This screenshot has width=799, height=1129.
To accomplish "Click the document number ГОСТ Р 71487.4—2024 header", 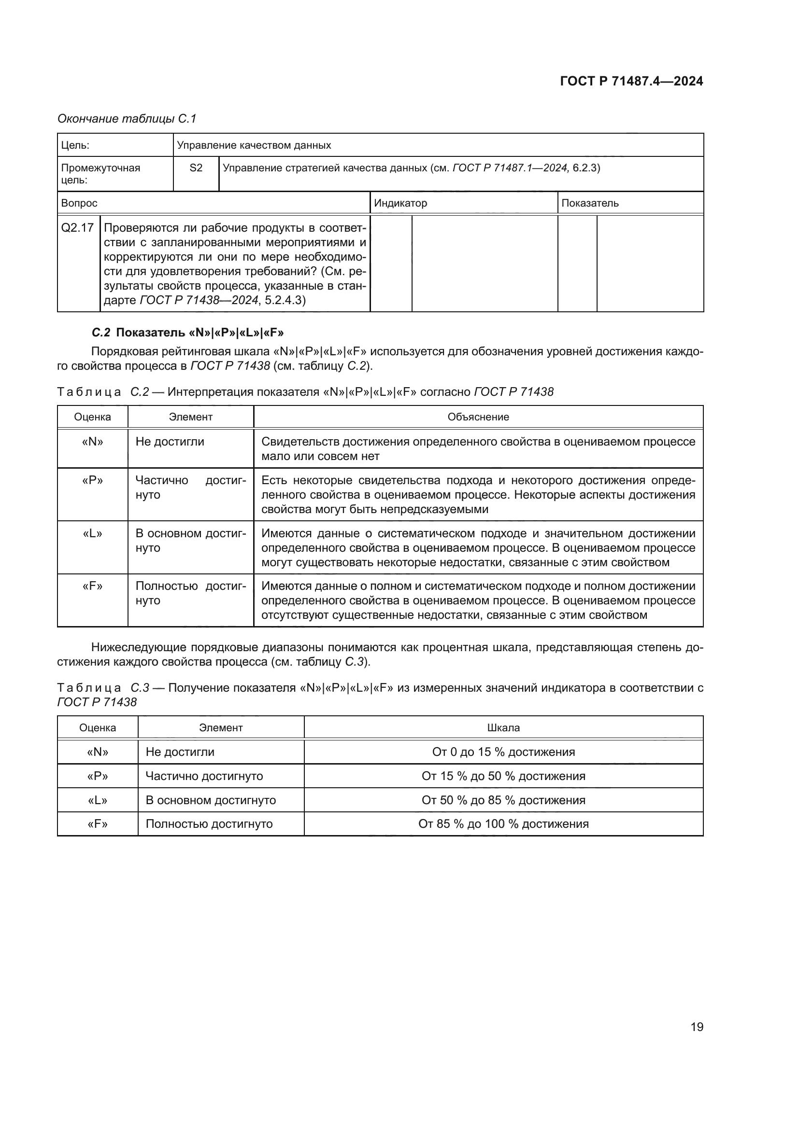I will click(631, 82).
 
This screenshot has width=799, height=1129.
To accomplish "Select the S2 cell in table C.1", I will click(196, 168).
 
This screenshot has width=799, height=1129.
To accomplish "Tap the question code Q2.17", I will click(78, 228).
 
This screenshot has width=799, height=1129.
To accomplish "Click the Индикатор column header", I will click(400, 203).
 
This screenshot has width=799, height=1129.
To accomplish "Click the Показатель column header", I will click(590, 203).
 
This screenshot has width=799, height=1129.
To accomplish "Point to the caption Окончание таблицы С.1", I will click(127, 119).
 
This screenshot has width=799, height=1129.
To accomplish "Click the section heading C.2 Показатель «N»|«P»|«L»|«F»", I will click(188, 333).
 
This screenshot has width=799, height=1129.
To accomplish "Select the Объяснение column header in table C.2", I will click(478, 417).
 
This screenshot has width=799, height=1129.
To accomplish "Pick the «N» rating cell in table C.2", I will click(92, 442).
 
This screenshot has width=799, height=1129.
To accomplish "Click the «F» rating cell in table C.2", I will click(92, 586).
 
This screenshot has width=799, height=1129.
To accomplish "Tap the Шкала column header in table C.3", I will click(503, 728).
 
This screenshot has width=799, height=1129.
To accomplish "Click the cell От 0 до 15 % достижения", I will click(503, 752).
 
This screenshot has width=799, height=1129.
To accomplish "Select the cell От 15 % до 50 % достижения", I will click(503, 776).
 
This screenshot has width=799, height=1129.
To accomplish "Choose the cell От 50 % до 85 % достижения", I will click(503, 800).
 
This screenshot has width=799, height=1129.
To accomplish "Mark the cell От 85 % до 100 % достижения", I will click(503, 823).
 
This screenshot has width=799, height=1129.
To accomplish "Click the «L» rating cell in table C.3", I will click(98, 800).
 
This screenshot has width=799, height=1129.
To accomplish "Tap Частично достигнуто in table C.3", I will click(204, 776).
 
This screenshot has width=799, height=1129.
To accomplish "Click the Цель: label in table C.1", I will click(75, 146).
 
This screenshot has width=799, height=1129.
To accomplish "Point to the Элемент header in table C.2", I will click(190, 417).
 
